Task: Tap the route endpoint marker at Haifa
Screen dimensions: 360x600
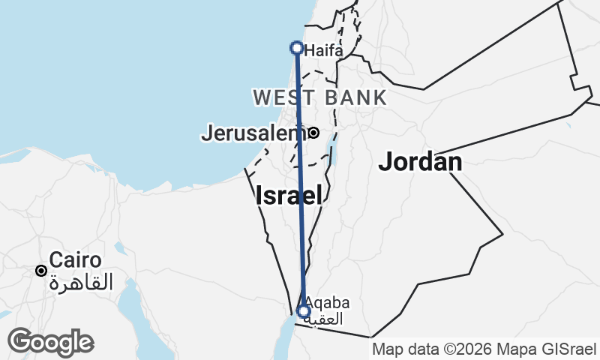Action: [x=296, y=48]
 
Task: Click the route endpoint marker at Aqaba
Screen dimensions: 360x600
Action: [x=304, y=311]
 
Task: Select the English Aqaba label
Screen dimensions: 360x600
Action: [x=328, y=303]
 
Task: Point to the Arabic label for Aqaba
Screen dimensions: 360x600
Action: [x=328, y=319]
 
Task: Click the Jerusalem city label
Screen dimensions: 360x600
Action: [x=250, y=134]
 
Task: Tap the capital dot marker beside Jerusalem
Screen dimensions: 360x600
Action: [x=313, y=133]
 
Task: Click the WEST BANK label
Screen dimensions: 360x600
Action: [x=320, y=97]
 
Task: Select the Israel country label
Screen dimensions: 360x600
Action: [x=289, y=196]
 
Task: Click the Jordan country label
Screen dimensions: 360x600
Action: [x=420, y=161]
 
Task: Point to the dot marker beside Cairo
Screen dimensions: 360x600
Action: [x=42, y=270]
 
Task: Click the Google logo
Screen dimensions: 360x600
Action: [x=50, y=342]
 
